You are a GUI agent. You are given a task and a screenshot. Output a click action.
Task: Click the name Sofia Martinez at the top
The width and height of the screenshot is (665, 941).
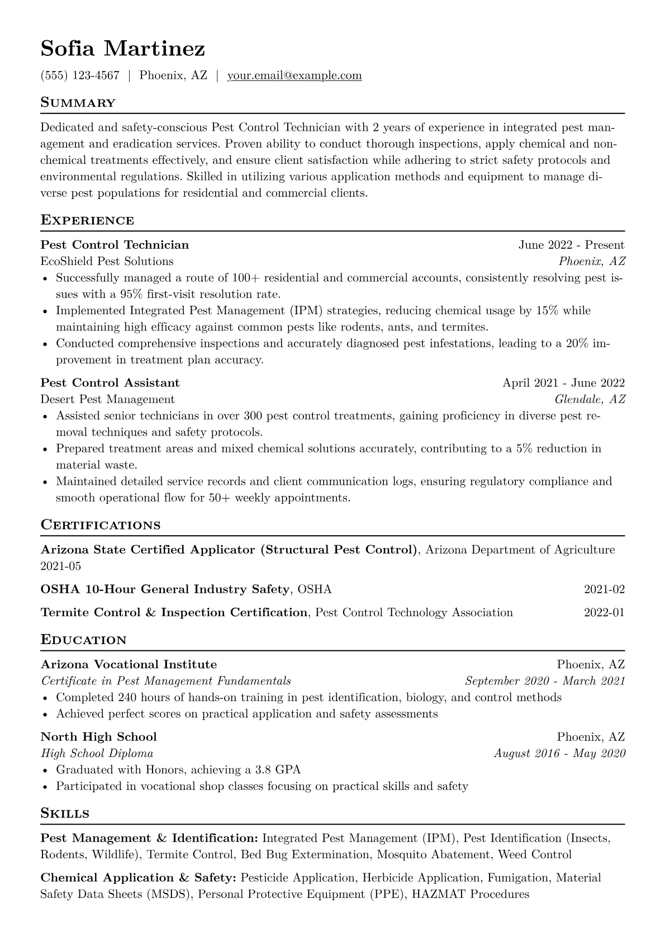click(x=123, y=49)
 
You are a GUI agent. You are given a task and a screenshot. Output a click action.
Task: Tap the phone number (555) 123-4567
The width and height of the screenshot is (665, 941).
click(x=80, y=75)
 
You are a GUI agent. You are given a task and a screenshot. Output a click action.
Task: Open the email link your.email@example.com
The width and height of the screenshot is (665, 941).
click(x=294, y=75)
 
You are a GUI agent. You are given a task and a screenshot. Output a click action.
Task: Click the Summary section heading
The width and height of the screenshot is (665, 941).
click(x=78, y=103)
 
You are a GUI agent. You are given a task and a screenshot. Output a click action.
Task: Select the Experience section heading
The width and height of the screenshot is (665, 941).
click(x=87, y=220)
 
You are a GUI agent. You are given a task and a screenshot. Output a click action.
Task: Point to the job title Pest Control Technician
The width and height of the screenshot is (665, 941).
click(x=115, y=245)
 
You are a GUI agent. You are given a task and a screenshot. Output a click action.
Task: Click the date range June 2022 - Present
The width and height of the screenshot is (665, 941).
click(x=571, y=245)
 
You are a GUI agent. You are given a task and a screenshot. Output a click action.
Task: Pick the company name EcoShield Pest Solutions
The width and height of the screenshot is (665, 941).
click(x=107, y=261)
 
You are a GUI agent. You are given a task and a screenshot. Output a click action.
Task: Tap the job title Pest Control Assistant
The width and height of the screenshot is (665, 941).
click(x=110, y=383)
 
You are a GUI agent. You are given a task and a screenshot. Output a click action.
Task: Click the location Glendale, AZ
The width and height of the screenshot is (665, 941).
click(x=590, y=399)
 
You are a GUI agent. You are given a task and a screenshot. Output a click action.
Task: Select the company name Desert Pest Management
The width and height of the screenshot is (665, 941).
click(x=107, y=399)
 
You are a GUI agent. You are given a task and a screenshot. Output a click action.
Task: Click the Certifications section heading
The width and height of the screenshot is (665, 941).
click(x=101, y=526)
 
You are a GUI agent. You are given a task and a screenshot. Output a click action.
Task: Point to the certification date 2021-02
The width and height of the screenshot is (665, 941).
click(x=604, y=589)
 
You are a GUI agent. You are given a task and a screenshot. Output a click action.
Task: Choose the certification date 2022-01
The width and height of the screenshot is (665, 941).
click(x=604, y=613)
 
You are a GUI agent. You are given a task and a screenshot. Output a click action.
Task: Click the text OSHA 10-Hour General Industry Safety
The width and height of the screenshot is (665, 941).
click(x=165, y=589)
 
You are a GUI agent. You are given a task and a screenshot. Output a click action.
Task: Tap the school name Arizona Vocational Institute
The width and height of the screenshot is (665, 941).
click(x=129, y=665)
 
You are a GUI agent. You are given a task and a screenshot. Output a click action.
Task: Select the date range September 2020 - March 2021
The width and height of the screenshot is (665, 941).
click(x=545, y=681)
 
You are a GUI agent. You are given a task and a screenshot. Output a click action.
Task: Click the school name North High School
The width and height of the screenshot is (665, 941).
click(x=98, y=737)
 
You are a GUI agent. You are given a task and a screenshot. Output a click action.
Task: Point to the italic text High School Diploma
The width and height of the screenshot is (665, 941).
click(x=97, y=753)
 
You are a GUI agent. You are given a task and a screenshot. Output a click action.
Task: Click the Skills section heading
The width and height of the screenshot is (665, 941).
click(x=65, y=814)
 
